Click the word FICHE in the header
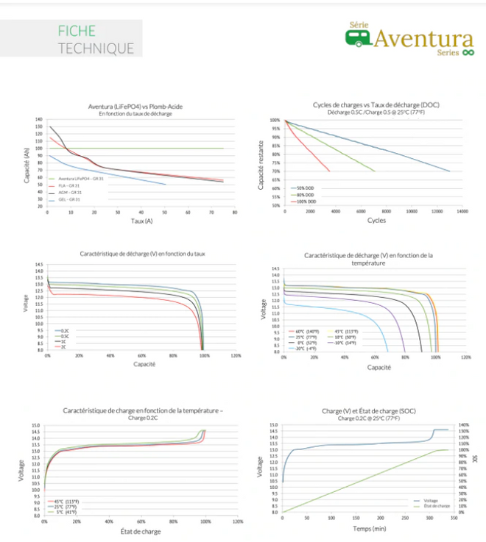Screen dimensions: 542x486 point(77,32)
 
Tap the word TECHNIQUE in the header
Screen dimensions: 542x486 point(96,49)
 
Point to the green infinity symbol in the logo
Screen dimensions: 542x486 point(467,53)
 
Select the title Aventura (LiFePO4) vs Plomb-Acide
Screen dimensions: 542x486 point(141,107)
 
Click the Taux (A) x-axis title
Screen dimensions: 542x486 point(140,221)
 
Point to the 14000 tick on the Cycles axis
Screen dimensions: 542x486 point(462,212)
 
